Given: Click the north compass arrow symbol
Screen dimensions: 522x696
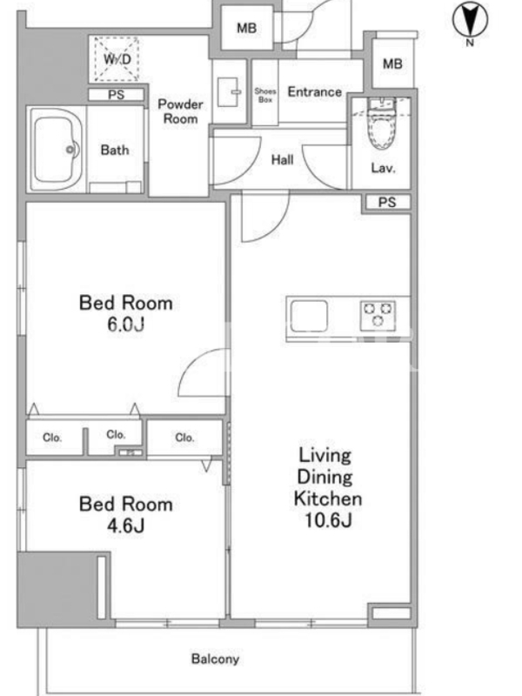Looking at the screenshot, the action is [x=470, y=19].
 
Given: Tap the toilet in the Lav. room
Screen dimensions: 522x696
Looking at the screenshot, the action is [x=381, y=124].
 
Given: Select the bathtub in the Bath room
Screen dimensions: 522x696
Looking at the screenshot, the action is [x=56, y=150].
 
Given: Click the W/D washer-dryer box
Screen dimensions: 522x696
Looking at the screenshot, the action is [x=117, y=59].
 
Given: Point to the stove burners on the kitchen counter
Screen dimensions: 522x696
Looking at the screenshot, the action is [x=378, y=315].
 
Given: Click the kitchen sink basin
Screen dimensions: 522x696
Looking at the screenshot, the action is [x=309, y=316].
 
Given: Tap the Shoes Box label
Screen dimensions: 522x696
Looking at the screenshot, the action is [x=265, y=95].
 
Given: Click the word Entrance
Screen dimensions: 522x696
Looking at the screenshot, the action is [x=315, y=92].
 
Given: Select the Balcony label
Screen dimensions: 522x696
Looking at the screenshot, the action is [x=215, y=659].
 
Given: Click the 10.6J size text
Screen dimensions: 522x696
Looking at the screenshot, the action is [x=328, y=519].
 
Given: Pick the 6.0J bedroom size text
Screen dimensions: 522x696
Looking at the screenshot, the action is [x=125, y=325].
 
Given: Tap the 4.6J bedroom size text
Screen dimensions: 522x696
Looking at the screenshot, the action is [x=125, y=526].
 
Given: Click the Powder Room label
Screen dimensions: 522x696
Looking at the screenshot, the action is [x=181, y=111].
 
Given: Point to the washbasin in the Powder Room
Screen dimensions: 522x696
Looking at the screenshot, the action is [x=228, y=92].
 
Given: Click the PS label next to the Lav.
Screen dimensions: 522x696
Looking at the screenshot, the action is [x=387, y=203].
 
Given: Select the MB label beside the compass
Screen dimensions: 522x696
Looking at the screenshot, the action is [x=392, y=64].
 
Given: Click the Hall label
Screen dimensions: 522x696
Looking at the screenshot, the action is [x=282, y=159].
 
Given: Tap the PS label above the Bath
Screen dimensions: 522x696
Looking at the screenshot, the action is [x=117, y=95].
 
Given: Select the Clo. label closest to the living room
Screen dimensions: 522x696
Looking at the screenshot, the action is [x=184, y=438].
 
